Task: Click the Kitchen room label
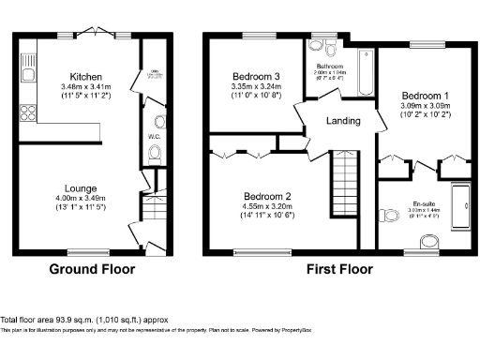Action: [x=79, y=77]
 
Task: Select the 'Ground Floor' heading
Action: [x=92, y=269]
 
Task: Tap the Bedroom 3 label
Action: [x=256, y=76]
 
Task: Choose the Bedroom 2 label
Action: [x=266, y=196]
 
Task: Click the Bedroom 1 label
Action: [x=426, y=96]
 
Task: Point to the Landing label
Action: [x=343, y=121]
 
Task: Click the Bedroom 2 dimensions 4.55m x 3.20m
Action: [x=266, y=206]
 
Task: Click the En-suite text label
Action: [x=426, y=202]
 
